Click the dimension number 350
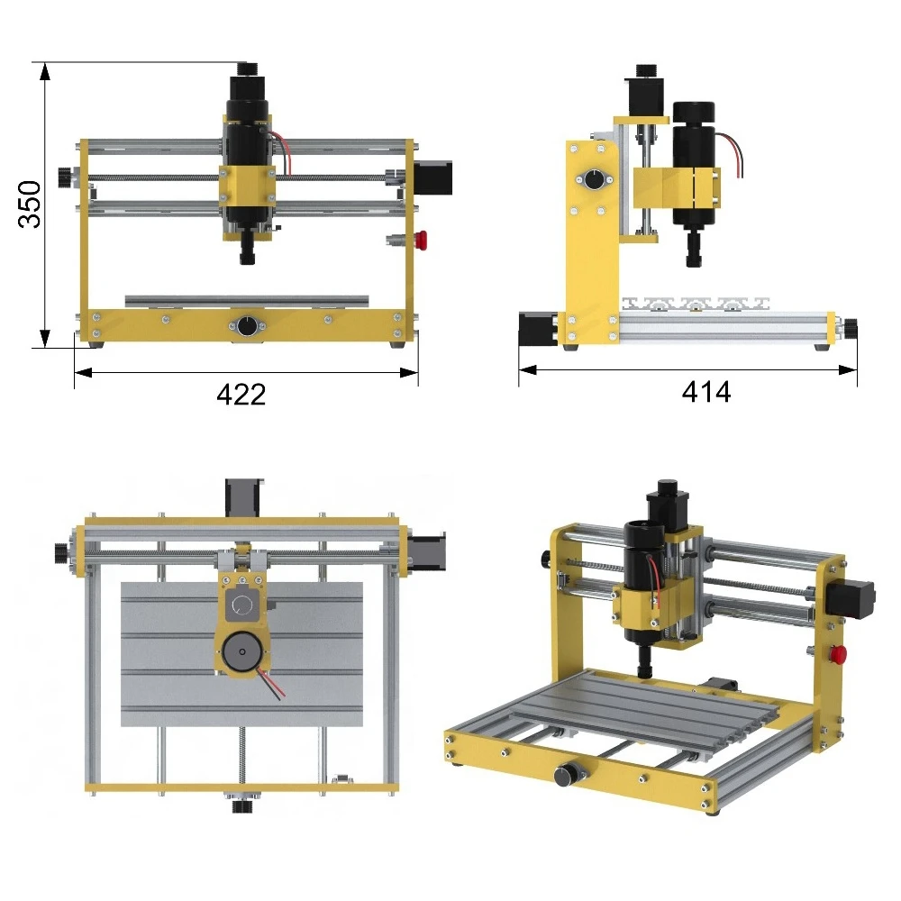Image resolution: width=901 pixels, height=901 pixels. pyautogui.click(x=30, y=205)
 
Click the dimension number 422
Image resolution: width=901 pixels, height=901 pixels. pyautogui.click(x=241, y=395)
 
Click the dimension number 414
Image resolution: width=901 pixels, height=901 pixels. pyautogui.click(x=706, y=392)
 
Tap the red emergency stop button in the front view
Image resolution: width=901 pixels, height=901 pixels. pyautogui.click(x=421, y=241)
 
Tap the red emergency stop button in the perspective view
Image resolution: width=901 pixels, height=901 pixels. pyautogui.click(x=838, y=654)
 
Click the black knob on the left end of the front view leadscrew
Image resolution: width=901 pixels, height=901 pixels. pyautogui.click(x=66, y=177)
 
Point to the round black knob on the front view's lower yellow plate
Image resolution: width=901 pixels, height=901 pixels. pyautogui.click(x=247, y=326)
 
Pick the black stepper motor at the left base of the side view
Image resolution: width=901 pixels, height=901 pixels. pyautogui.click(x=537, y=329)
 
